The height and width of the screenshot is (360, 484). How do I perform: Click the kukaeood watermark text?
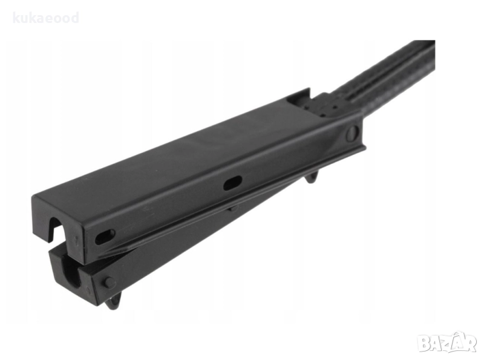pyautogui.click(x=46, y=18)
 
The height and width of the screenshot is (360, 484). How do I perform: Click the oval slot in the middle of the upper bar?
pyautogui.click(x=232, y=183)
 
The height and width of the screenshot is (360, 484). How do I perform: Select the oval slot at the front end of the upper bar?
pyautogui.click(x=105, y=237)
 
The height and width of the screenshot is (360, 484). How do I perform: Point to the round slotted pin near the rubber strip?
pyautogui.click(x=353, y=133)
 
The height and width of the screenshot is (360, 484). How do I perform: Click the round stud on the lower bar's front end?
pyautogui.click(x=110, y=282)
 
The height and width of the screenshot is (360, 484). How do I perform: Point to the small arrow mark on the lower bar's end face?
pyautogui.click(x=88, y=290)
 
